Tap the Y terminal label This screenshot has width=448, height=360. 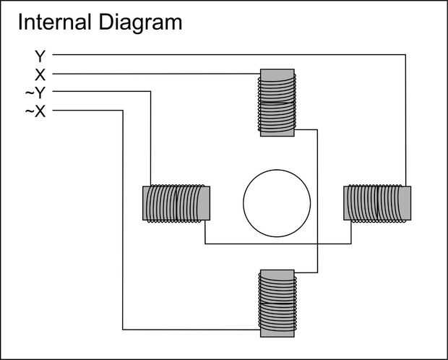(x=40, y=55)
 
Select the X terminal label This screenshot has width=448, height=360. (x=40, y=74)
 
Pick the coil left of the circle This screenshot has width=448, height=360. (x=177, y=202)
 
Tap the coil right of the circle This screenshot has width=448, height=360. (x=377, y=202)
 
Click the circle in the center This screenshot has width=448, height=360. (x=277, y=202)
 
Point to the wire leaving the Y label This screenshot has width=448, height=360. (x=217, y=54)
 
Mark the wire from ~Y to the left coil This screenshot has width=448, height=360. (x=150, y=137)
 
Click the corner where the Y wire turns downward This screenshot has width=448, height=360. (x=405, y=54)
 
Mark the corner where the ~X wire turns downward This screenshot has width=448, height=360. (x=124, y=111)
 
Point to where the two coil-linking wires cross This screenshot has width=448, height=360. (x=318, y=244)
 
